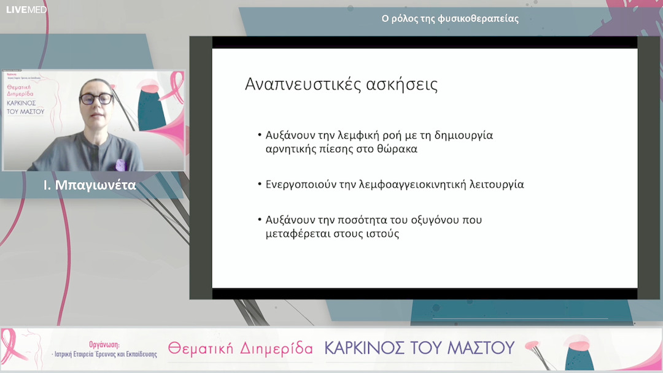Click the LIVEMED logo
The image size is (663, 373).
click(x=26, y=9)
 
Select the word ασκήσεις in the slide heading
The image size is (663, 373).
click(x=403, y=84)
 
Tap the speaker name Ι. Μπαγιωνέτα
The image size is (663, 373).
click(x=90, y=185)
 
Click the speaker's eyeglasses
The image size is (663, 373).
click(x=96, y=99)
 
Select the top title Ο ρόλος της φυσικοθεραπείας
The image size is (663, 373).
click(x=450, y=18)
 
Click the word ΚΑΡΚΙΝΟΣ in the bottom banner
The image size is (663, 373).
click(x=368, y=348)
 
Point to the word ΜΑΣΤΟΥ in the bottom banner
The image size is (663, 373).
click(x=484, y=348)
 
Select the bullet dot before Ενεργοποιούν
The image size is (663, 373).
click(x=260, y=184)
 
